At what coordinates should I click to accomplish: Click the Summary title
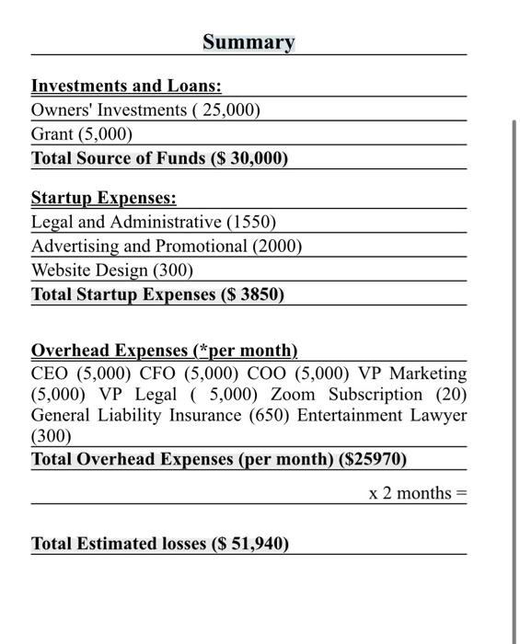[x=248, y=42]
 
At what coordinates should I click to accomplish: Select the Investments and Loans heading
[x=126, y=86]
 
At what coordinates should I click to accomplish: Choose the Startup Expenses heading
[x=103, y=199]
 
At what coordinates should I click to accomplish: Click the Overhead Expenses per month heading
[x=164, y=351]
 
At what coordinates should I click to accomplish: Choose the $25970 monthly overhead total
[x=373, y=459]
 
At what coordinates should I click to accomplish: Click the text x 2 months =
[x=417, y=493]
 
